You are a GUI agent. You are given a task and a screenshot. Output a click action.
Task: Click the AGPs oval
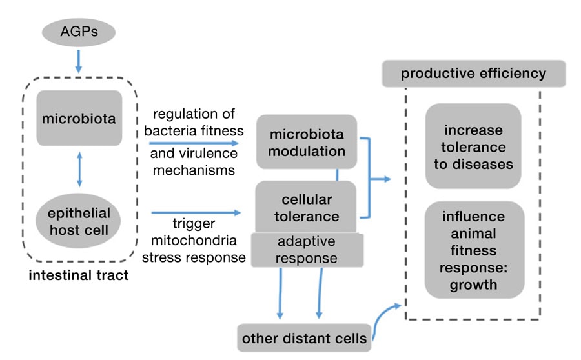point(79,30)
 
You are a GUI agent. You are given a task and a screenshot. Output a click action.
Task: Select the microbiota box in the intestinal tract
point(79,119)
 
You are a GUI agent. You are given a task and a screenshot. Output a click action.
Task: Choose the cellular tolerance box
point(306,206)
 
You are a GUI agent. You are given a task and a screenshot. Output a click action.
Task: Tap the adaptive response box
point(307,250)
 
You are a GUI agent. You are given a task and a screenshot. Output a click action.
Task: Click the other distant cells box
point(304,337)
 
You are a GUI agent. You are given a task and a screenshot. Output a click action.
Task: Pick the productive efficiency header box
point(473,74)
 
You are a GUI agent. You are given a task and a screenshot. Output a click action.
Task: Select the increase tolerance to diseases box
point(473,146)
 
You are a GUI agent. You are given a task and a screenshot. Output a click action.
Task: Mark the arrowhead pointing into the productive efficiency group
point(387,178)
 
